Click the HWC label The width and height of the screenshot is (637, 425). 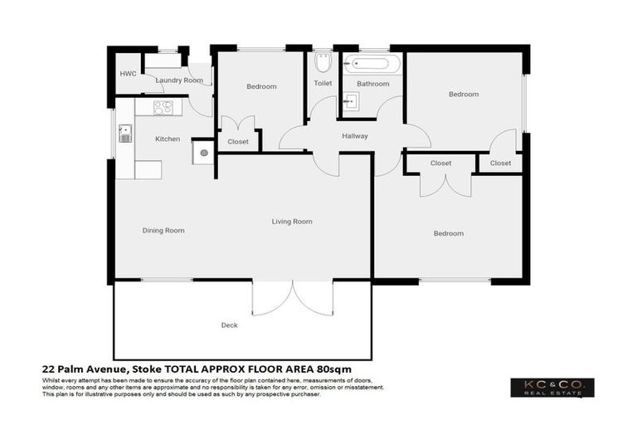(x=128, y=74)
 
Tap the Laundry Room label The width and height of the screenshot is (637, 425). (x=179, y=81)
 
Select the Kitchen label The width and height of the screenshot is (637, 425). (x=168, y=139)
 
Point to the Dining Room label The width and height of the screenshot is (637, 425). (x=163, y=230)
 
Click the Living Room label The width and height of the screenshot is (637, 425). (x=292, y=221)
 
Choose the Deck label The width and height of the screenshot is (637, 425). (x=229, y=325)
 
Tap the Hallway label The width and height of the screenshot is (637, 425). (x=354, y=136)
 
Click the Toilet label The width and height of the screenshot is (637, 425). (x=323, y=83)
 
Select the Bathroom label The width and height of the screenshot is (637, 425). (x=372, y=84)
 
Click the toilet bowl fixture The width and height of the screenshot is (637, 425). (x=323, y=63)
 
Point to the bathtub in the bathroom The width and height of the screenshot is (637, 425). (x=372, y=63)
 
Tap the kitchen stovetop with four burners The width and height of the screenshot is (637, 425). (x=163, y=107)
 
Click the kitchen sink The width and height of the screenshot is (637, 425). (x=125, y=133)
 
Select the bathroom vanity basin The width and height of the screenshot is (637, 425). (x=352, y=102)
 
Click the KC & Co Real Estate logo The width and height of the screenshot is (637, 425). (x=552, y=388)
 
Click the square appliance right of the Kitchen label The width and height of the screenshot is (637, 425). (x=202, y=153)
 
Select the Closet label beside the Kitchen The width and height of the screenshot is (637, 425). (x=238, y=141)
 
